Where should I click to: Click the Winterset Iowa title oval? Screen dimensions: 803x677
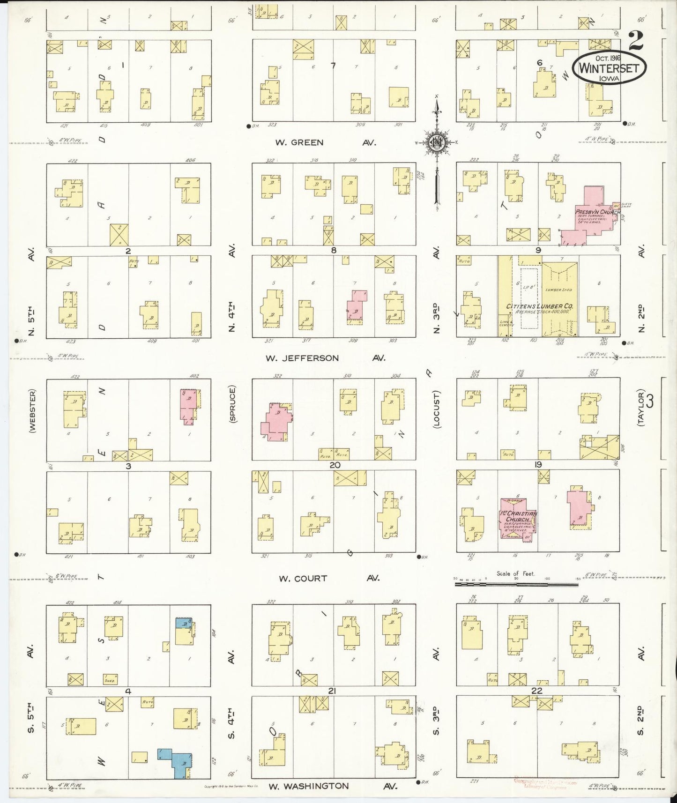click(609, 68)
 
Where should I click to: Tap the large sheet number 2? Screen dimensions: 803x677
click(636, 41)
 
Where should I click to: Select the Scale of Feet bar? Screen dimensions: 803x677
click(515, 584)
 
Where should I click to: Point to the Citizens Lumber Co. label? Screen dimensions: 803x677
click(541, 306)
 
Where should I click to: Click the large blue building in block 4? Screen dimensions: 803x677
click(179, 764)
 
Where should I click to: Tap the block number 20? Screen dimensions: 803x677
click(334, 465)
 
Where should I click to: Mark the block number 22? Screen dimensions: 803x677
click(537, 691)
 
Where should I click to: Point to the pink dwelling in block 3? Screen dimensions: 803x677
click(188, 405)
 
